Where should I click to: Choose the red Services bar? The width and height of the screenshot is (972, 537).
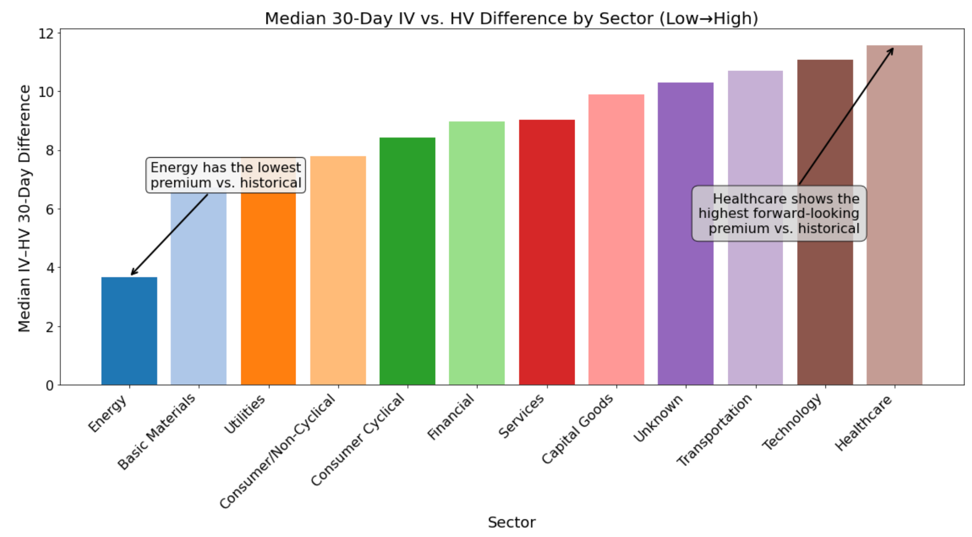(546, 252)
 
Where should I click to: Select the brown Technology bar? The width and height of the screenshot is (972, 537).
(825, 282)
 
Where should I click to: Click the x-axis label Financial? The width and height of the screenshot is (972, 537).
(451, 417)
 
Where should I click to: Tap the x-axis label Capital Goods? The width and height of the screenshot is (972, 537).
(578, 429)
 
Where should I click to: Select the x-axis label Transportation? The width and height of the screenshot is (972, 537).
(715, 429)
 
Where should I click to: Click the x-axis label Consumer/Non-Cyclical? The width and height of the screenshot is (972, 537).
(278, 451)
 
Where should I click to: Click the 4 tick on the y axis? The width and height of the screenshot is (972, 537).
(50, 267)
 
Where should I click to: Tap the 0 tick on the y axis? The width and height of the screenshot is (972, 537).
(50, 385)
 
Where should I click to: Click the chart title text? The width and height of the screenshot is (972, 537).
(511, 18)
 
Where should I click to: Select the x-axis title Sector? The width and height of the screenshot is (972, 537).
(511, 522)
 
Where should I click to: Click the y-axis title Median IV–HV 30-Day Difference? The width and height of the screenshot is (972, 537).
(24, 208)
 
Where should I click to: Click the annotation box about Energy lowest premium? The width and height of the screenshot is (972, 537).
(226, 175)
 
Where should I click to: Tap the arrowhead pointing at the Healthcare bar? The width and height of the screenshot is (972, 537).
(892, 50)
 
